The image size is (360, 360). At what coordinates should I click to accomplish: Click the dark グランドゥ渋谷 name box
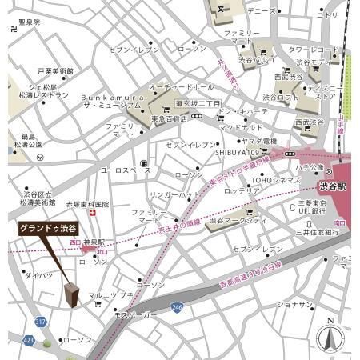[50, 228]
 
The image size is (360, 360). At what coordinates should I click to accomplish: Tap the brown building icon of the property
[72, 295]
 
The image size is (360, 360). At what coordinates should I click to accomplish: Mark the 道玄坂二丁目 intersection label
[198, 104]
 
